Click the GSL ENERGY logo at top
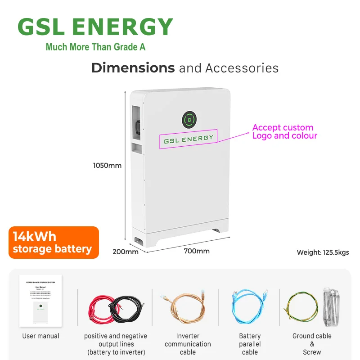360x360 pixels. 95,27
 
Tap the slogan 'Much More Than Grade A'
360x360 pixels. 95,47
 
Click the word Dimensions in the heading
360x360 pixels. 133,68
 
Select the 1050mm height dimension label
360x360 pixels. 107,165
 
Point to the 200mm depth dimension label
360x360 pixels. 125,252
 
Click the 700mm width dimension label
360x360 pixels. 197,251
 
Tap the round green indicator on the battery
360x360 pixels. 189,120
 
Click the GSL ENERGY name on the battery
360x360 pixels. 189,139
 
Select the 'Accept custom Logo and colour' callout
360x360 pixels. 284,131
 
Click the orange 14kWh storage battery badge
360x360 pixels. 53,243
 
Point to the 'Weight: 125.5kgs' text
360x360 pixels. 323,252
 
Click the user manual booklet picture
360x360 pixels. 40,301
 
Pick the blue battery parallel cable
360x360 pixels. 249,306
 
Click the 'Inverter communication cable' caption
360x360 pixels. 188,344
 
